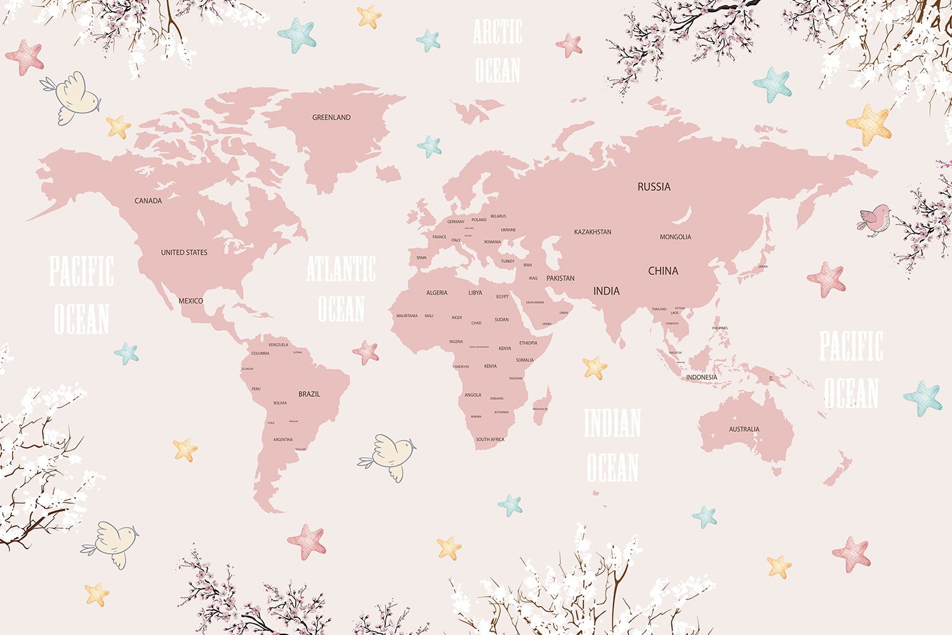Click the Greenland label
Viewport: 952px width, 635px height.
pyautogui.click(x=331, y=117)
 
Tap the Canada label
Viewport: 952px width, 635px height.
pyautogui.click(x=148, y=201)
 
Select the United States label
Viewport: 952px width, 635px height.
pyautogui.click(x=184, y=252)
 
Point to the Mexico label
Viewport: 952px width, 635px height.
pyautogui.click(x=190, y=300)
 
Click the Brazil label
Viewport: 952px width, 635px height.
pyautogui.click(x=309, y=394)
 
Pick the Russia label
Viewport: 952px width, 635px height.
pyautogui.click(x=654, y=187)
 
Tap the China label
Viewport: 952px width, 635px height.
pyautogui.click(x=663, y=271)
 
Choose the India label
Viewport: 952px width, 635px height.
pyautogui.click(x=606, y=291)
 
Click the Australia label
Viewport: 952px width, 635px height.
pyautogui.click(x=744, y=429)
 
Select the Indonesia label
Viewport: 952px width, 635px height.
pyautogui.click(x=701, y=377)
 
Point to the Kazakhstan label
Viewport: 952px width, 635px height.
pyautogui.click(x=593, y=232)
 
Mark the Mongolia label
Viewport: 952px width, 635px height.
pyautogui.click(x=675, y=237)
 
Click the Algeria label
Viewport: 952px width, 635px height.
pyautogui.click(x=437, y=293)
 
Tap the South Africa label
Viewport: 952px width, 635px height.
pyautogui.click(x=490, y=439)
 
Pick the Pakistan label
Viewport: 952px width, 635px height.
pyautogui.click(x=560, y=278)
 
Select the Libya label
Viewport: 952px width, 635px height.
pyautogui.click(x=475, y=293)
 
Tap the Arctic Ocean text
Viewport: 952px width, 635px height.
pyautogui.click(x=498, y=51)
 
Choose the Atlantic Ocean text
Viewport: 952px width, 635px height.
pyautogui.click(x=341, y=289)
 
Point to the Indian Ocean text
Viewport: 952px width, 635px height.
pyautogui.click(x=612, y=445)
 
